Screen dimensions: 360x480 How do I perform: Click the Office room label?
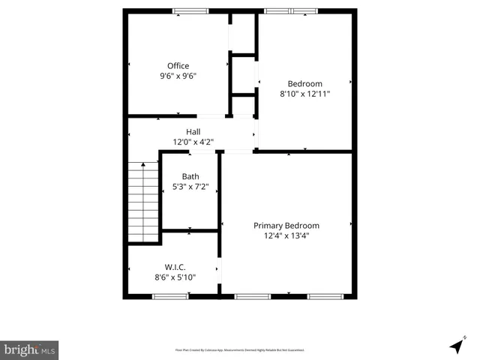pos(178,66)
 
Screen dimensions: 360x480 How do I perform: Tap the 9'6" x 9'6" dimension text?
pos(178,76)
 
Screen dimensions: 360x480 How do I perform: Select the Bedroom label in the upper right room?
pos(305,83)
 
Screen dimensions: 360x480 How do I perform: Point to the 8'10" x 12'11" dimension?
pos(305,94)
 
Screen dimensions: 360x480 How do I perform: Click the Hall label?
pos(193,132)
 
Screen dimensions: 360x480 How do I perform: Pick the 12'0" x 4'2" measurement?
pos(193,142)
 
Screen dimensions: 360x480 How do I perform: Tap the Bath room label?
pos(190,177)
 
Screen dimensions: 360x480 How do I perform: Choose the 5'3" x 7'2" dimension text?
pos(190,187)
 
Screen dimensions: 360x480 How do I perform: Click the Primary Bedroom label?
pos(286,226)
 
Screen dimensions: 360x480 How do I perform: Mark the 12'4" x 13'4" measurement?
pos(286,235)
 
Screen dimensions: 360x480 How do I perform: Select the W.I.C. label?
pos(175,267)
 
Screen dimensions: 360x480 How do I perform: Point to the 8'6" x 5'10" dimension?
pos(175,277)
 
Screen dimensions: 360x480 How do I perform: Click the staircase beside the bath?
pos(142,202)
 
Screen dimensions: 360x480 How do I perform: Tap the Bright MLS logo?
pos(29,349)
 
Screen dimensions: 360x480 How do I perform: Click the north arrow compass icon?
pos(456,346)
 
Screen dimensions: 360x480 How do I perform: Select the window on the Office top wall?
pos(190,11)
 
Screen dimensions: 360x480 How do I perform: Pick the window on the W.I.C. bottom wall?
pos(170,296)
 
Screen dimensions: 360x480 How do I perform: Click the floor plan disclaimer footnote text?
pos(240,350)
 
